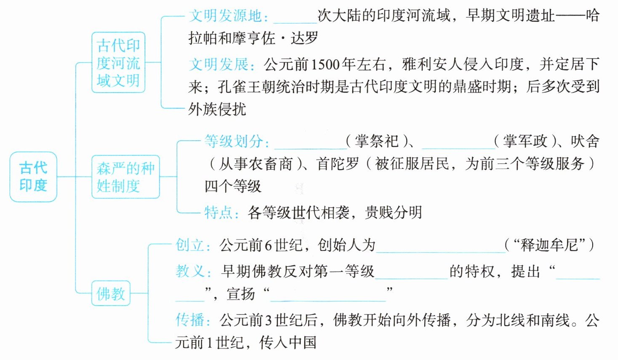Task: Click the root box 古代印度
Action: point(33,176)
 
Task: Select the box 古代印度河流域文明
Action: point(118,62)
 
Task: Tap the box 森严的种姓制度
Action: point(126,177)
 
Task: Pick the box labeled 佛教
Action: point(111,293)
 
